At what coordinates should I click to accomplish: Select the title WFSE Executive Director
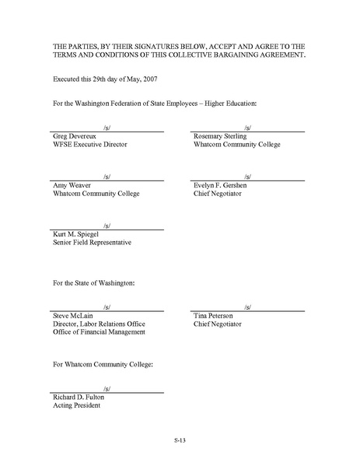pos(89,145)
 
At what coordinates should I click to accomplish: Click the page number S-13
pos(180,440)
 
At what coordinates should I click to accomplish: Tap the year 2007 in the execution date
pos(149,79)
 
